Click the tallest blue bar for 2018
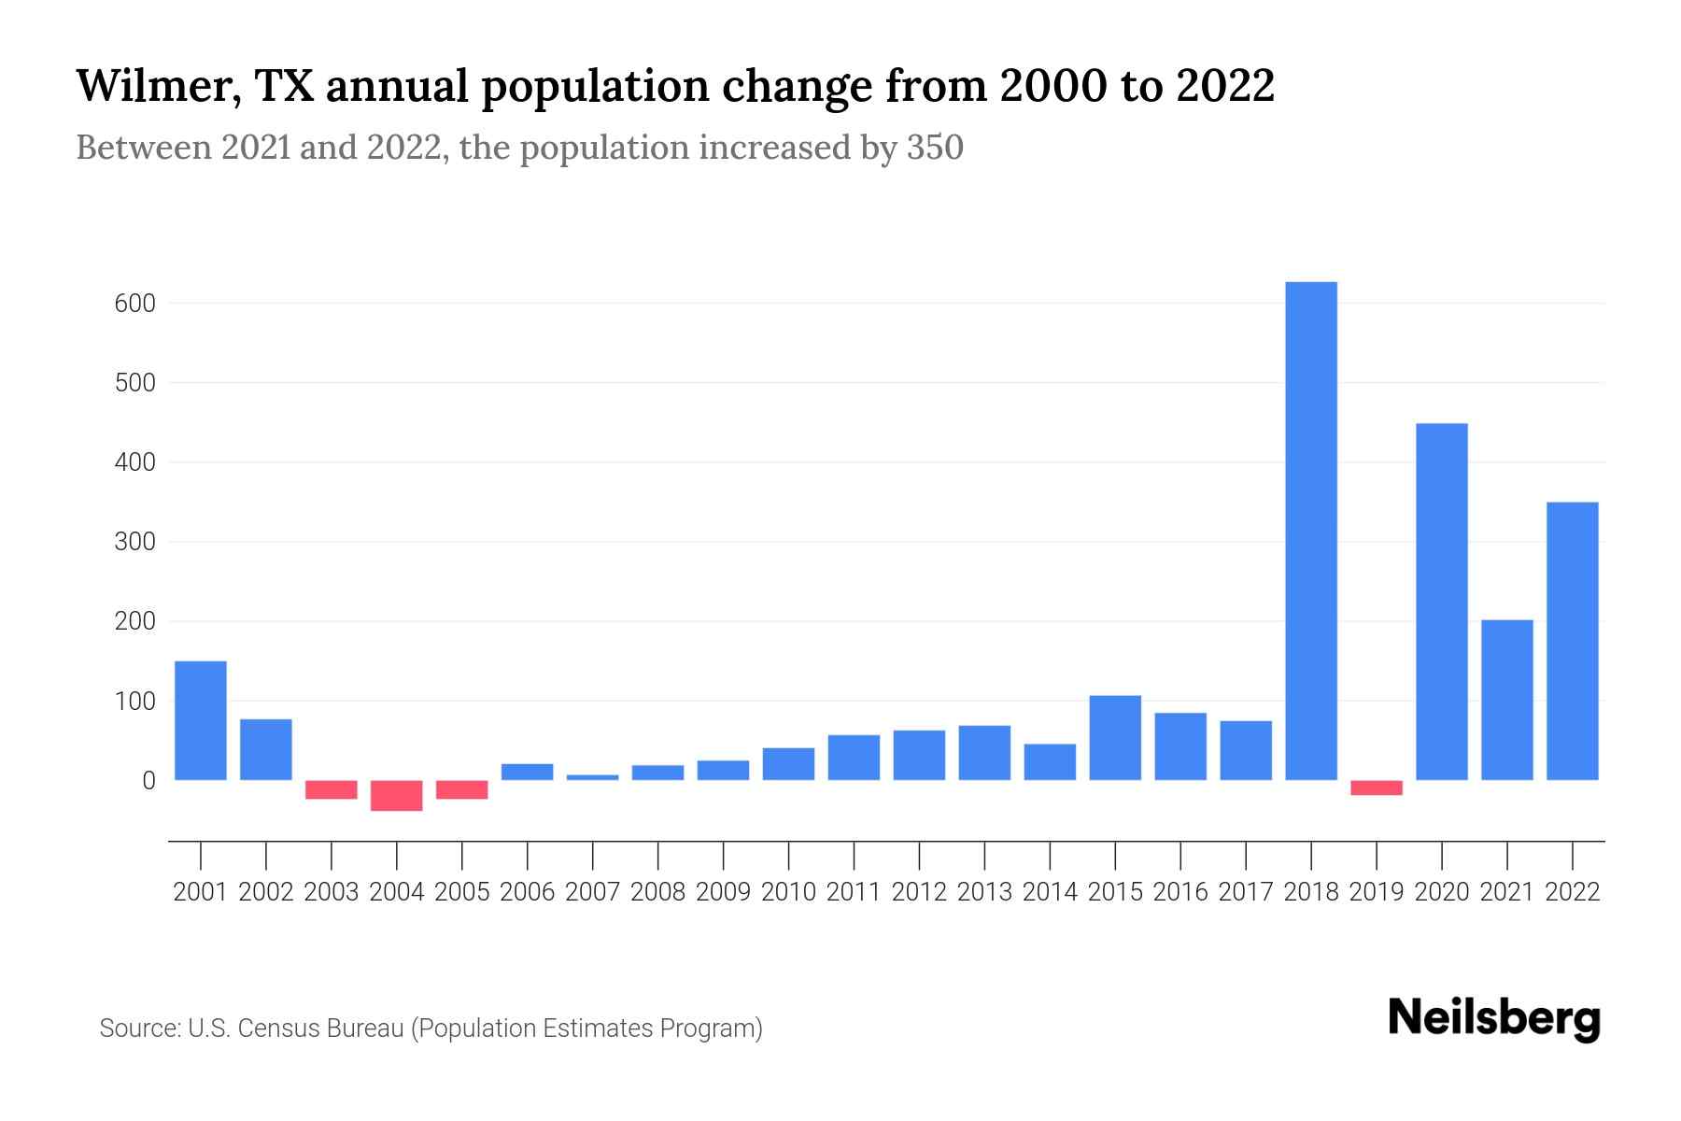[1311, 531]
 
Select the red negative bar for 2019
[1377, 788]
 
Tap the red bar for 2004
[397, 795]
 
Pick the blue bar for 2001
[201, 720]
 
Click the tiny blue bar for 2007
[593, 777]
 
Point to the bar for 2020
[1442, 602]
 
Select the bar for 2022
[1573, 641]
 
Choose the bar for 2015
[1115, 737]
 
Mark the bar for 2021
[1507, 700]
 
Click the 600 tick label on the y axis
[135, 304]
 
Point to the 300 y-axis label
[135, 542]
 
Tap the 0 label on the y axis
[148, 780]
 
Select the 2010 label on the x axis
[789, 892]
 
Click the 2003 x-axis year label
[332, 892]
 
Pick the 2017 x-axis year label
[1246, 892]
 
